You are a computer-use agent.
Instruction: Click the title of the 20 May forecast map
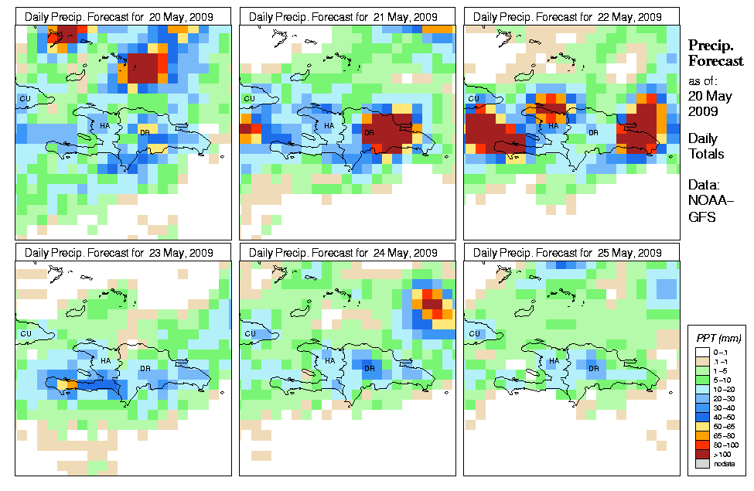pyautogui.click(x=122, y=16)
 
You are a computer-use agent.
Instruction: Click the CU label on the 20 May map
pyautogui.click(x=25, y=98)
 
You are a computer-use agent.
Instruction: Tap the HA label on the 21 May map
pyautogui.click(x=329, y=125)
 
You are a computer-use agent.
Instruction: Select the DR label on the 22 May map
pyautogui.click(x=594, y=132)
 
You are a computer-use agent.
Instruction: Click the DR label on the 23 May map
pyautogui.click(x=145, y=368)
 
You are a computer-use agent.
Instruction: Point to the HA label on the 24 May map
pyautogui.click(x=329, y=361)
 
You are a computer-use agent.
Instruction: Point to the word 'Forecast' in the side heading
pyautogui.click(x=715, y=61)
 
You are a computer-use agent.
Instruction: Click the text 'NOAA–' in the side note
pyautogui.click(x=706, y=202)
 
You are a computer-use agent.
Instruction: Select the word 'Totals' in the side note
pyautogui.click(x=706, y=154)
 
